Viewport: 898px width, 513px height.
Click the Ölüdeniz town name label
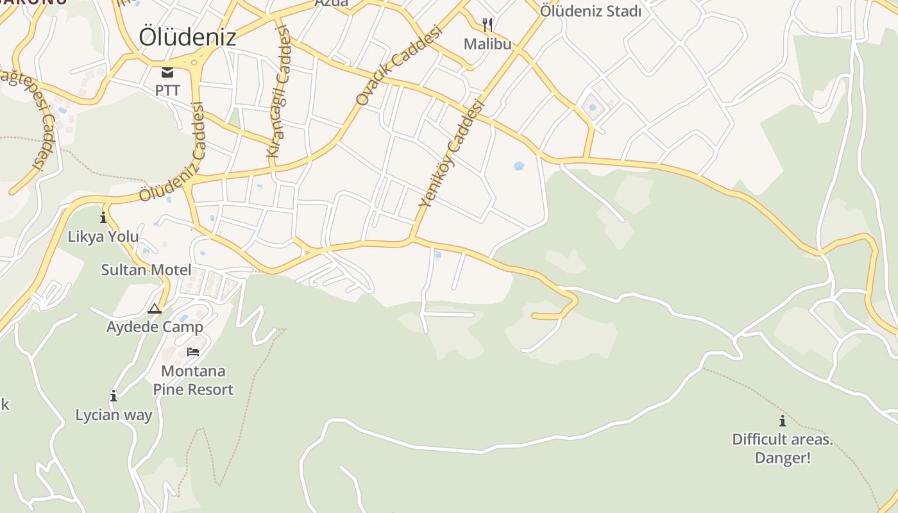click(187, 37)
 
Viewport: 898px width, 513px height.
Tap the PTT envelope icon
click(167, 72)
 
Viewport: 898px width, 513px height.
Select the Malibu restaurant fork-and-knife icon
click(488, 25)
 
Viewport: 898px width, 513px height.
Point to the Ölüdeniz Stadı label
click(590, 11)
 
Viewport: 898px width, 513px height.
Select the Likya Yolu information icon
click(103, 217)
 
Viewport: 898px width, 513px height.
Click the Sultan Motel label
click(146, 269)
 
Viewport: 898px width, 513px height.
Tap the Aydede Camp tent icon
click(155, 309)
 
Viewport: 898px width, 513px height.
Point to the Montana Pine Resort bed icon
click(193, 351)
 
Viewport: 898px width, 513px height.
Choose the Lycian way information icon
click(114, 396)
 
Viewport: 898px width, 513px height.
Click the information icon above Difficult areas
click(782, 421)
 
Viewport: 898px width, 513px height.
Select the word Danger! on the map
click(783, 458)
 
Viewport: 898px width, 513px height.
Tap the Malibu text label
click(488, 44)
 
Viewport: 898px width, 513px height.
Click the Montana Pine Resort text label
click(193, 380)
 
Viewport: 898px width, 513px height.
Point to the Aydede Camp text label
click(155, 326)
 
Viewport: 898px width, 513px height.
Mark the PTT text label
click(167, 90)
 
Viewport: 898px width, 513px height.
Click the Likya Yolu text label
click(103, 236)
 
